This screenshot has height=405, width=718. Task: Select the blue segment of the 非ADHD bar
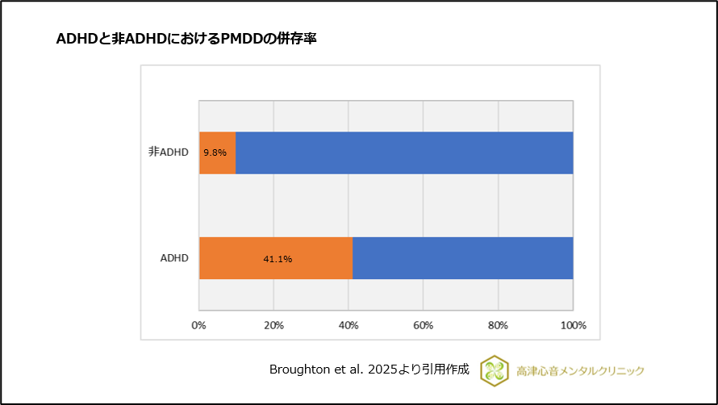click(403, 152)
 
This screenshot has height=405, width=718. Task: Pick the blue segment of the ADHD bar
click(462, 258)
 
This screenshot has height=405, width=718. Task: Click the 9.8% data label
click(215, 152)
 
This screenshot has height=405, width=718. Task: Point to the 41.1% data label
click(278, 259)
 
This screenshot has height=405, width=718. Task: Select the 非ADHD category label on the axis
click(168, 152)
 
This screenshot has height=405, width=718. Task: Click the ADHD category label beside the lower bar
click(174, 258)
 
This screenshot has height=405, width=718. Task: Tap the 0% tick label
click(198, 325)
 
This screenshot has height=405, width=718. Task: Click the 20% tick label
click(273, 325)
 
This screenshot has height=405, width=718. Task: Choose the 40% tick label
click(349, 325)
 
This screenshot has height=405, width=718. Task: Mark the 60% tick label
click(424, 325)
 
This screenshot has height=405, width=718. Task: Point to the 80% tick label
click(498, 325)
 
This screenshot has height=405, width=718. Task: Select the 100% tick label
click(573, 325)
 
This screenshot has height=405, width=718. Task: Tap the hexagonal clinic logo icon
click(493, 370)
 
